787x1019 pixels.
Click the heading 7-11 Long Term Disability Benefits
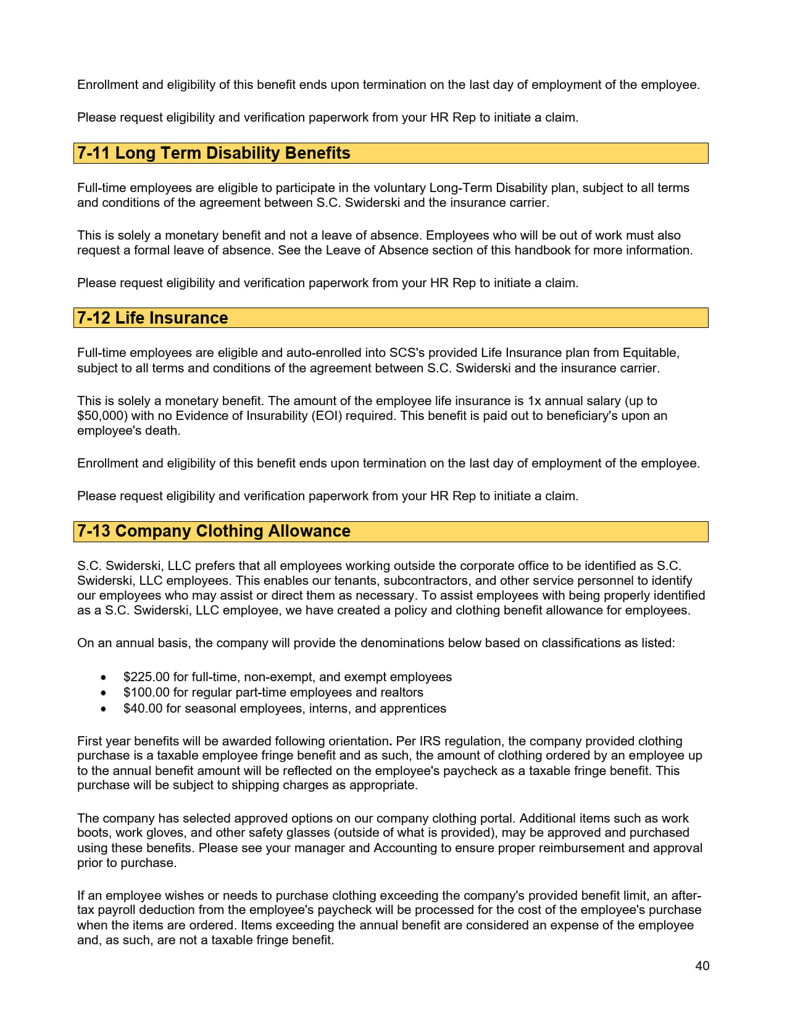point(214,153)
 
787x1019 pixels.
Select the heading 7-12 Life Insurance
point(152,318)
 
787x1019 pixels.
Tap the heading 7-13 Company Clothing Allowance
point(214,531)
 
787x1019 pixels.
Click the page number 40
point(702,966)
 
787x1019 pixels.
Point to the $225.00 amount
point(146,677)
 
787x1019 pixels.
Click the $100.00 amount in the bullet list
point(146,692)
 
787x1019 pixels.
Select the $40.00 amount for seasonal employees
point(143,708)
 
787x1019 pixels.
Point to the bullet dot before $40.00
point(103,709)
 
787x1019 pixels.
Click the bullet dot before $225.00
point(103,677)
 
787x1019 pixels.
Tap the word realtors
point(400,692)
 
